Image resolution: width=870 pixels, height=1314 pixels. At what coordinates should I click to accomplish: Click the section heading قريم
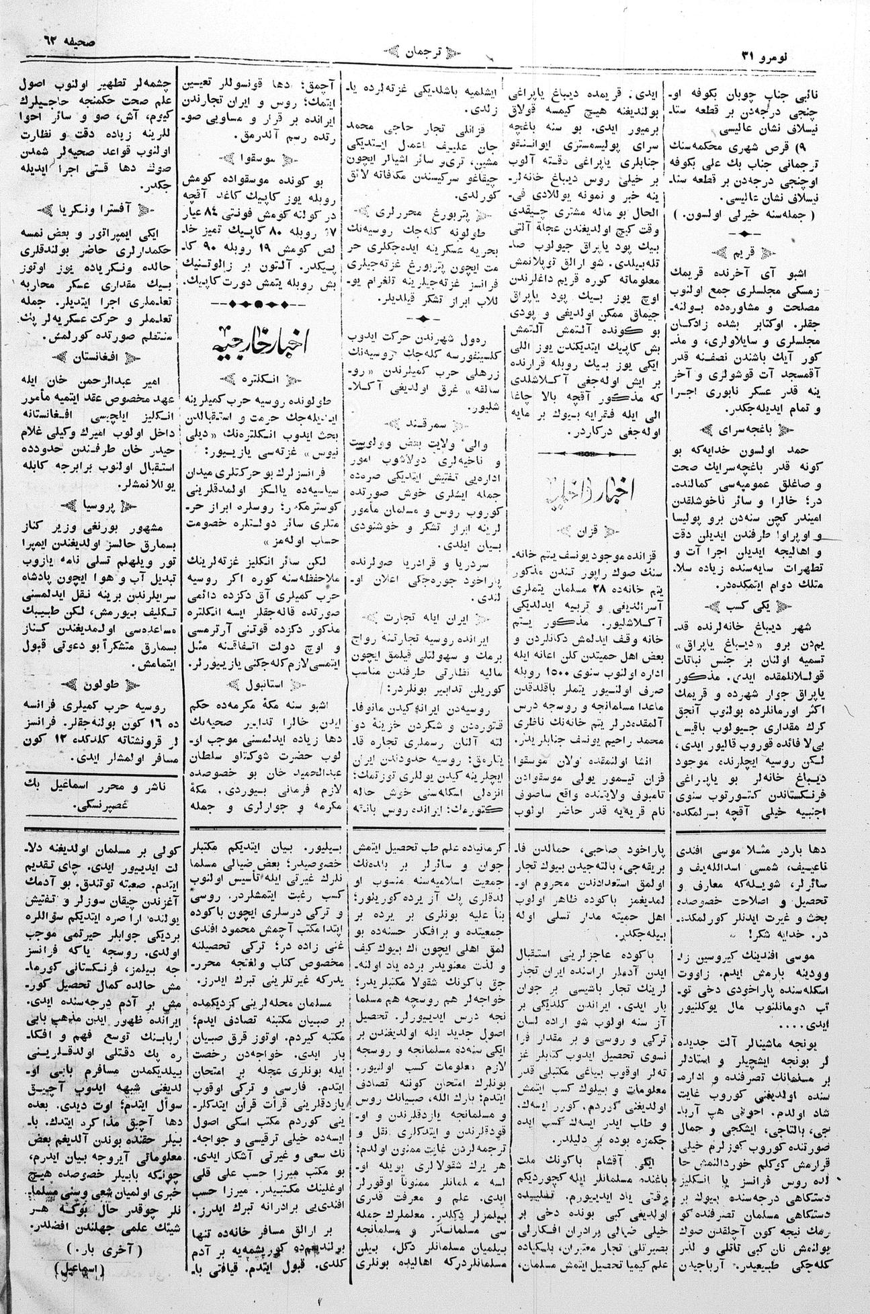[x=763, y=255]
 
